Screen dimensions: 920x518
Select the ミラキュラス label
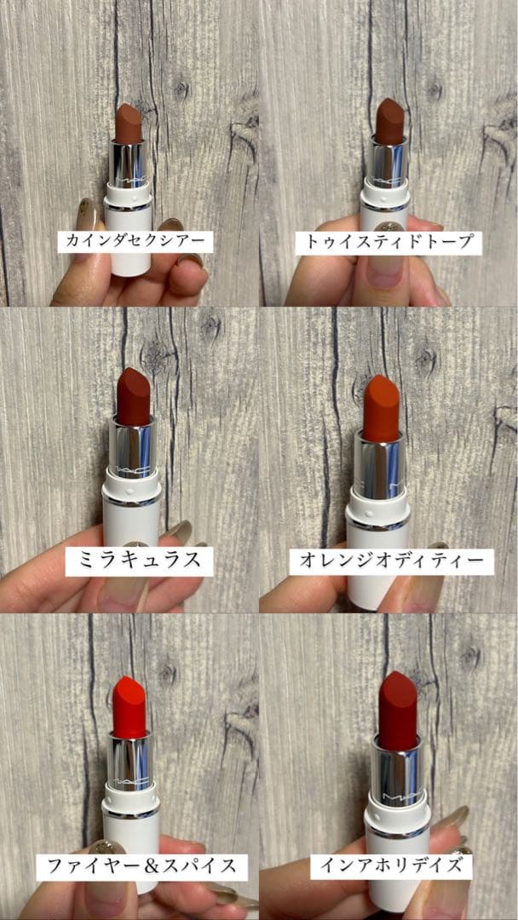tap(135, 560)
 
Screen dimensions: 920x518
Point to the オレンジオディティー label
tap(391, 561)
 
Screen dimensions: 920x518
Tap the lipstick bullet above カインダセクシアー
tap(129, 124)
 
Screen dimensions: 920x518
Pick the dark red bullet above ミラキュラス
tap(133, 396)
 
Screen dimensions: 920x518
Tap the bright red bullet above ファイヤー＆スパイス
tap(129, 708)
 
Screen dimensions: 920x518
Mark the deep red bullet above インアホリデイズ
tap(397, 710)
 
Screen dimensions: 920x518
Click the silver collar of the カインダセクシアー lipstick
tap(129, 167)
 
